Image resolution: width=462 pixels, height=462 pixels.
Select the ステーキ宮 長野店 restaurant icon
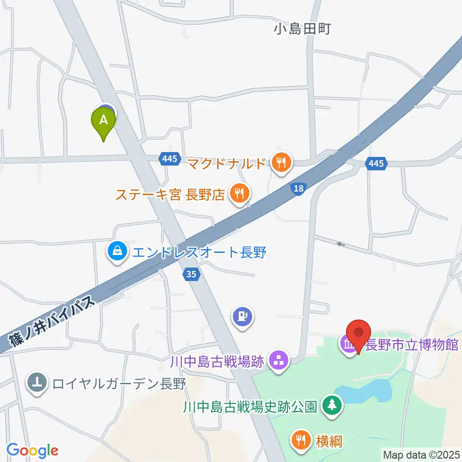239,194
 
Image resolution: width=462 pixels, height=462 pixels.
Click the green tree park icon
331,405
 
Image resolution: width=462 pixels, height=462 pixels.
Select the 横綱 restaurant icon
301,440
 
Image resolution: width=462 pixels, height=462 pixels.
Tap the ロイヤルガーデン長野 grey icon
37,384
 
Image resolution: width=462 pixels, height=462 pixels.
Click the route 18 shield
298,189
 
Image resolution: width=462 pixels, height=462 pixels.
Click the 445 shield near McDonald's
170,158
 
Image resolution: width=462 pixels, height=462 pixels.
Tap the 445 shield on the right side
376,164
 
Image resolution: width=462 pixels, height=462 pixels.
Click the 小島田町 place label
302,30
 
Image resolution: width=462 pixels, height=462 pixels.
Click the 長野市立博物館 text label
412,345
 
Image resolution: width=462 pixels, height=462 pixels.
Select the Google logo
32,450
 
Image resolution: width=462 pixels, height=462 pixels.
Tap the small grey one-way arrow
341,244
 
